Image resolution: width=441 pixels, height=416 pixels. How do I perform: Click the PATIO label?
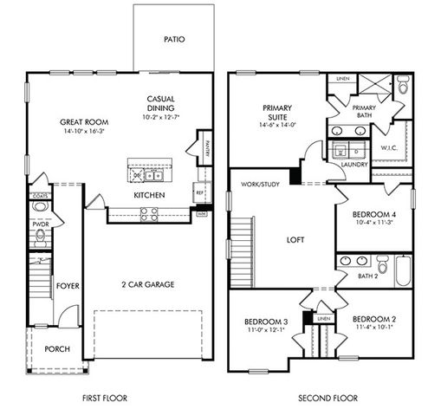(174, 40)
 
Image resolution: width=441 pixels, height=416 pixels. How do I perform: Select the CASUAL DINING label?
(162, 103)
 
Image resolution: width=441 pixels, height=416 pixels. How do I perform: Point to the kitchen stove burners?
(149, 212)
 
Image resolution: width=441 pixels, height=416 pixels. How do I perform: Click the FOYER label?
(68, 283)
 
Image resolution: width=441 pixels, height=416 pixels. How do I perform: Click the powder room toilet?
(40, 239)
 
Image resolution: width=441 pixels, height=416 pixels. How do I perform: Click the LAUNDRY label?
(354, 164)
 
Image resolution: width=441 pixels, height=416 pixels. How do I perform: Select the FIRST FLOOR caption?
(105, 398)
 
